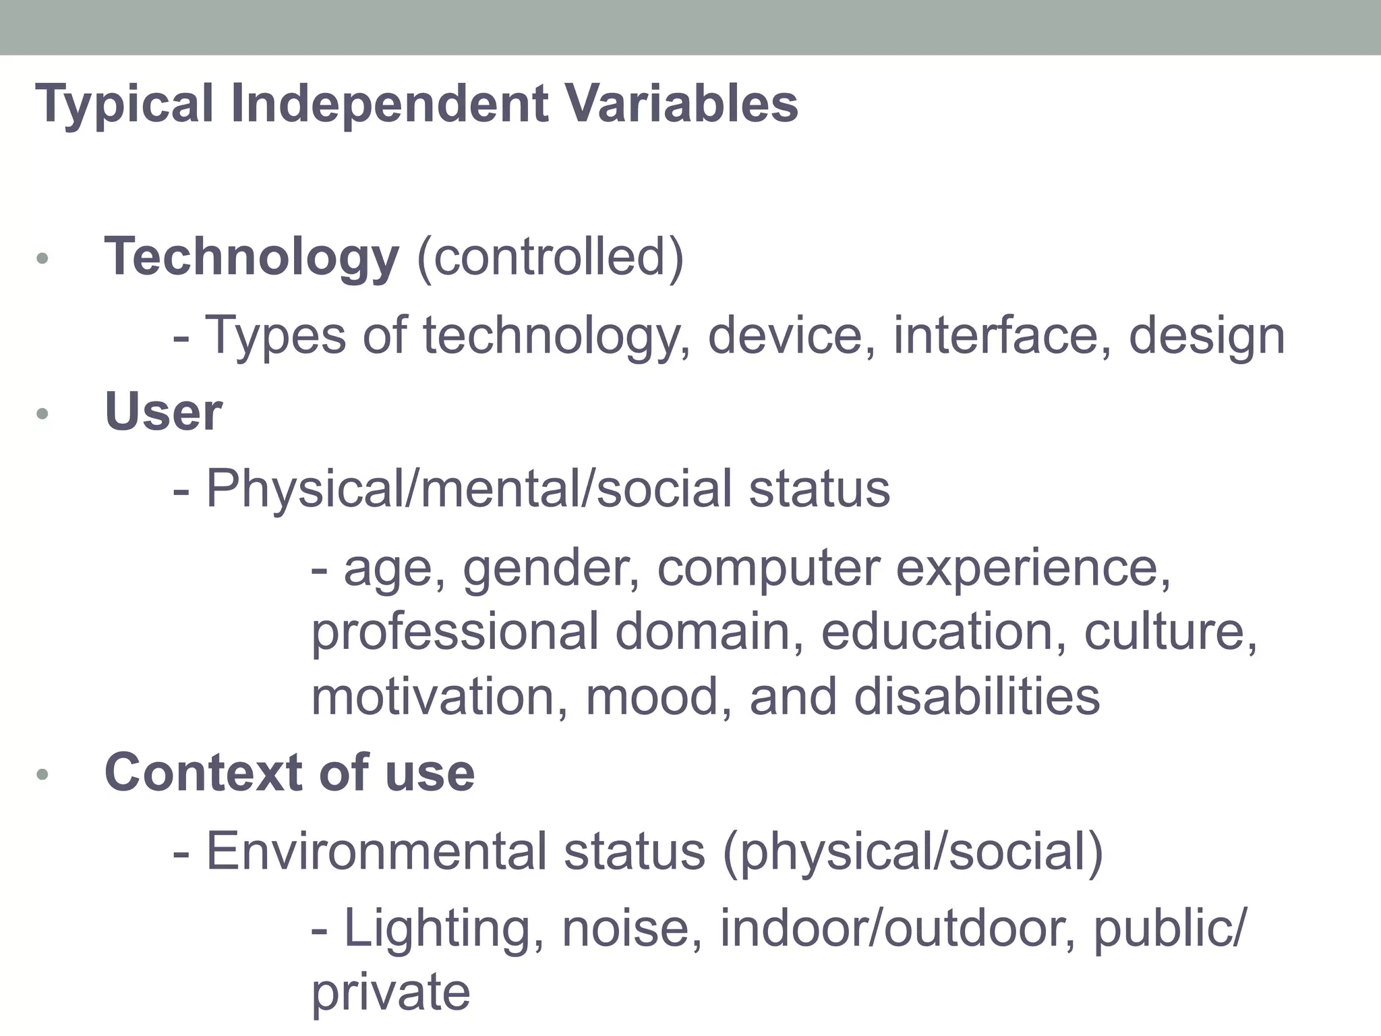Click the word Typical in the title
pyautogui.click(x=124, y=105)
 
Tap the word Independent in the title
pyautogui.click(x=389, y=104)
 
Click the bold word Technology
pyautogui.click(x=252, y=258)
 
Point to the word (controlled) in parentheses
pyautogui.click(x=550, y=258)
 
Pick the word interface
pyautogui.click(x=1002, y=335)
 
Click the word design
pyautogui.click(x=1207, y=336)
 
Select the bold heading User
pyautogui.click(x=163, y=411)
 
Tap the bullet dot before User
pyautogui.click(x=42, y=413)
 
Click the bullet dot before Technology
pyautogui.click(x=42, y=258)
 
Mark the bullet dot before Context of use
pyautogui.click(x=42, y=775)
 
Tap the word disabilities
pyautogui.click(x=977, y=696)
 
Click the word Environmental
pyautogui.click(x=376, y=851)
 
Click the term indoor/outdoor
pyautogui.click(x=898, y=928)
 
